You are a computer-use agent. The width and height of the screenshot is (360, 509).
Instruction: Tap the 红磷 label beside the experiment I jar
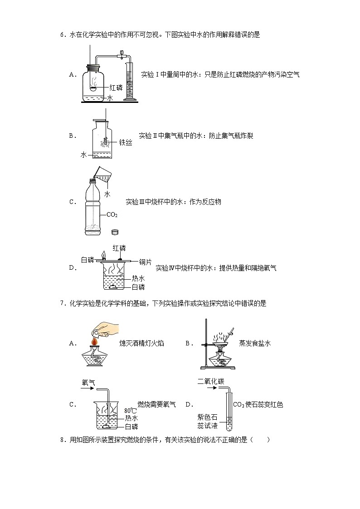(x=116, y=87)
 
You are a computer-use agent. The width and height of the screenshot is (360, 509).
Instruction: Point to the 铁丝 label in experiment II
(x=126, y=143)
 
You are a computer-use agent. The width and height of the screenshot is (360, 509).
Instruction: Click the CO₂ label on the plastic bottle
(x=112, y=214)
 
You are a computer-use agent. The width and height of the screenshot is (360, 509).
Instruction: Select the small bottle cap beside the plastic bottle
(x=115, y=232)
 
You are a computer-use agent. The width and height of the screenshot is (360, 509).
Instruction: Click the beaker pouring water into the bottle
(x=105, y=174)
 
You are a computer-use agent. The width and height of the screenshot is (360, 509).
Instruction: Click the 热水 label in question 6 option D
(x=138, y=278)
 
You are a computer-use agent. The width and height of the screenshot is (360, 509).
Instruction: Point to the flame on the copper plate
(x=104, y=255)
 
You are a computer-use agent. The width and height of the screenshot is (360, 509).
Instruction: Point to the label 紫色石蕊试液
(x=208, y=422)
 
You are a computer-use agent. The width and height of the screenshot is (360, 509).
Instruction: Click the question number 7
(x=62, y=304)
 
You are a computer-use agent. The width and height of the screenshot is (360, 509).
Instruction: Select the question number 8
(x=62, y=439)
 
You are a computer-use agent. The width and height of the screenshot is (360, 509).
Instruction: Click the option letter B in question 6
(x=71, y=136)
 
